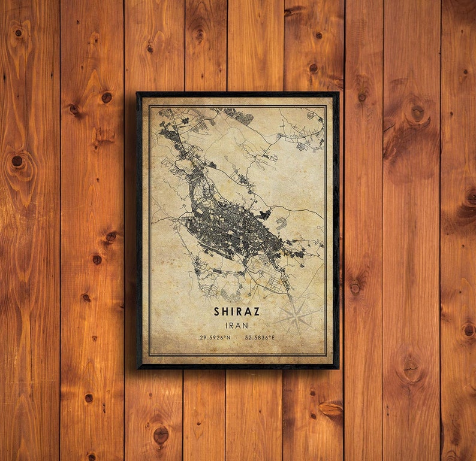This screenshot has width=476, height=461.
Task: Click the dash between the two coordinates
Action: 236,338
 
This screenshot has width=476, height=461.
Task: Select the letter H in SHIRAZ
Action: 225,312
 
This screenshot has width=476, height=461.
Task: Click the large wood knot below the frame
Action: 161,435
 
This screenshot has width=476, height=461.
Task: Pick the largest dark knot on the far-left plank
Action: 17,160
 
